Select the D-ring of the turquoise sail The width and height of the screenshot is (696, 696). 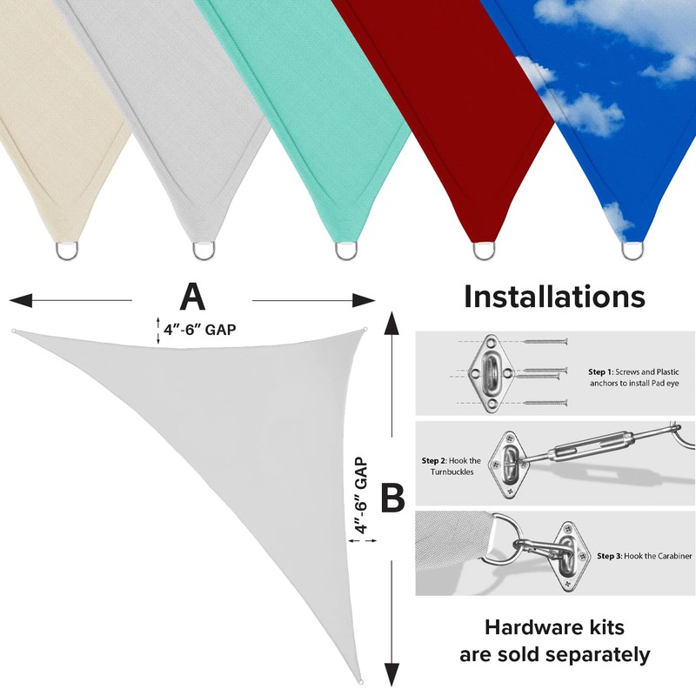(x=345, y=251)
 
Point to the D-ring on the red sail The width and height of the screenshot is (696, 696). (x=485, y=251)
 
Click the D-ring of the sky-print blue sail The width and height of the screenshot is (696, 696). (x=634, y=251)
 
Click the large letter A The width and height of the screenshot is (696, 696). (x=192, y=297)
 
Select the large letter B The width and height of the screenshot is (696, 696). (x=394, y=499)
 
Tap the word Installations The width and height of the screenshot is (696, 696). (x=554, y=297)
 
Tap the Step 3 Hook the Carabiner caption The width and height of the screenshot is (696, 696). (x=644, y=554)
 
